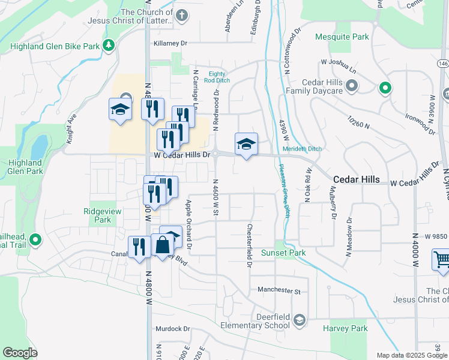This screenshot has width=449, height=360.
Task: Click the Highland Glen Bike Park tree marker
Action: point(109,45)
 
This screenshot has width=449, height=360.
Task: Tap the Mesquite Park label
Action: point(342,37)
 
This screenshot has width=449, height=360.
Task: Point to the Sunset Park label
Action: point(283,253)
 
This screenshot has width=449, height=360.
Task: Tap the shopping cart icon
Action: point(441,260)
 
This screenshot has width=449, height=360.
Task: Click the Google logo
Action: point(20,352)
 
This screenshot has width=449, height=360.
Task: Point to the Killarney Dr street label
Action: point(170,43)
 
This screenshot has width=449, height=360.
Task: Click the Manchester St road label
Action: point(279,290)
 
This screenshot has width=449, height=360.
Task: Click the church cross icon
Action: point(182,14)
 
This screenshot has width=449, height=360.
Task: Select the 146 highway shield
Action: point(443,64)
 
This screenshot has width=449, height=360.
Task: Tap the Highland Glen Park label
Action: point(26,167)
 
